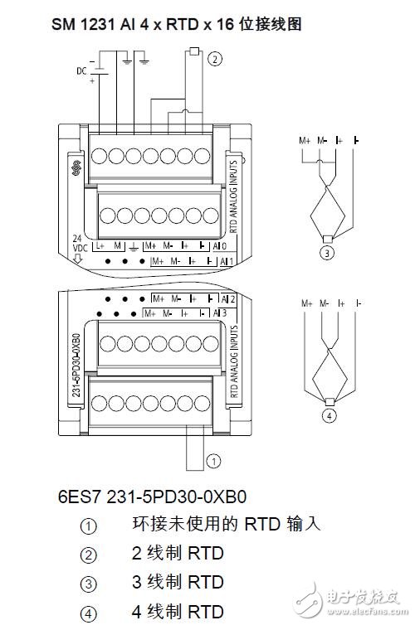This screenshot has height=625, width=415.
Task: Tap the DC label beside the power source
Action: click(81, 71)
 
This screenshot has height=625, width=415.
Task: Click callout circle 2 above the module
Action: click(216, 58)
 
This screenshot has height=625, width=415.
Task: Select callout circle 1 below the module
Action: click(213, 458)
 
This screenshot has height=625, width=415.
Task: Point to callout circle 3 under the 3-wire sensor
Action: click(329, 254)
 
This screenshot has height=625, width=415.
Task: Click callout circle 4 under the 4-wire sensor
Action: click(329, 416)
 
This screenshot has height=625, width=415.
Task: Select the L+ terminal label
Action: click(100, 246)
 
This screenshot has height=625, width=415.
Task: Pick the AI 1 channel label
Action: click(223, 260)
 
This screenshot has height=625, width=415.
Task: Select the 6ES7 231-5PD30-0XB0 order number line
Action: click(153, 497)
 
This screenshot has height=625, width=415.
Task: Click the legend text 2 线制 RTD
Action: click(178, 554)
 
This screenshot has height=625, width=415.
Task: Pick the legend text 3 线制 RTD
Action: click(178, 583)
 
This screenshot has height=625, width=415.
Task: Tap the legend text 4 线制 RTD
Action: click(178, 612)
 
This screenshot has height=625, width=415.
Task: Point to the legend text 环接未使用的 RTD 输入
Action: click(226, 524)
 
